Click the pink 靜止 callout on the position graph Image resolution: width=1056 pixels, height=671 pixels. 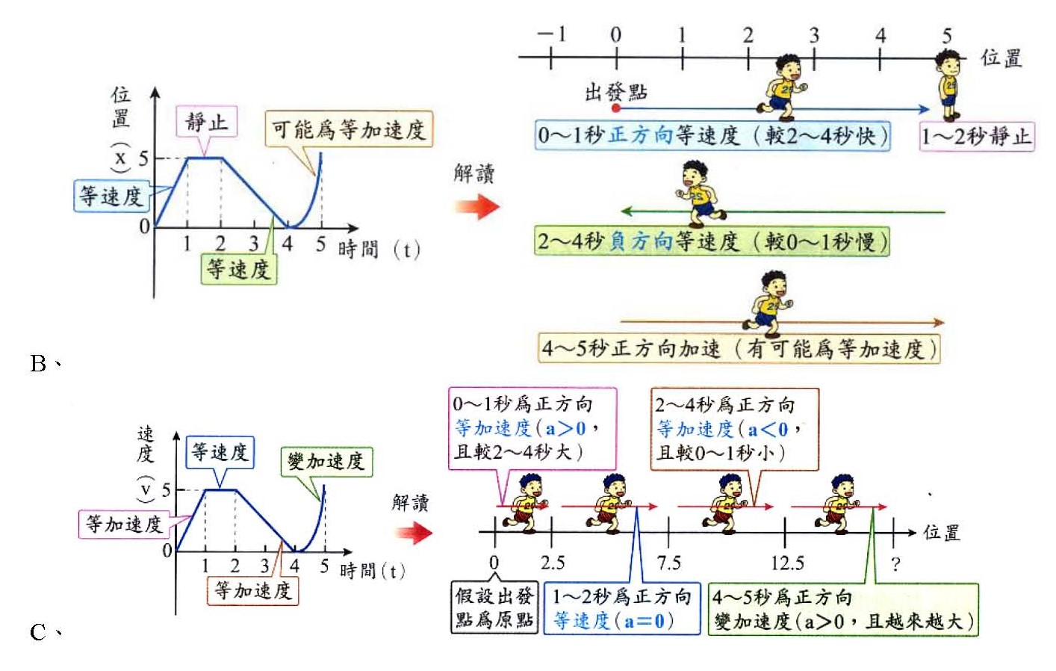tap(207, 122)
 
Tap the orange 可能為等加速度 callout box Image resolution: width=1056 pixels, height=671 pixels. tap(349, 129)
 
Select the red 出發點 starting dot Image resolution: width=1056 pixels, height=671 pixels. tap(616, 108)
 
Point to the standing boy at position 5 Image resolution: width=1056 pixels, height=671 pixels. tap(948, 84)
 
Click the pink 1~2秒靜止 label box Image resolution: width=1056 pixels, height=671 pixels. tap(976, 137)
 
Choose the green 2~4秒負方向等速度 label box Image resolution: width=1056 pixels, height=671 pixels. tap(712, 241)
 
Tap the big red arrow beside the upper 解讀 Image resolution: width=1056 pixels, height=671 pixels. tap(477, 205)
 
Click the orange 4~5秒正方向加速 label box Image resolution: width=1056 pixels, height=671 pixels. tap(739, 349)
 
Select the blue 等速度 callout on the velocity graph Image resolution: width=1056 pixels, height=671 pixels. tap(220, 452)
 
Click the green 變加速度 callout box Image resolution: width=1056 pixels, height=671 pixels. tap(326, 462)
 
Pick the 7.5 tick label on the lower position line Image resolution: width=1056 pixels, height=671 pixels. tap(668, 563)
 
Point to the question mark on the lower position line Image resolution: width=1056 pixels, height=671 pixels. tap(895, 563)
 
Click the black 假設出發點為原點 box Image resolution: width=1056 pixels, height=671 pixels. tap(494, 607)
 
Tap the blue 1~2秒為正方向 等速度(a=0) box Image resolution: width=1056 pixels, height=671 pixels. tap(622, 608)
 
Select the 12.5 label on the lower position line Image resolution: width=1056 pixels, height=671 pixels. tap(787, 563)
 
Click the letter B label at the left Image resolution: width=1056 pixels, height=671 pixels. tap(38, 363)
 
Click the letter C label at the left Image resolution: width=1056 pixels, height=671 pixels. tap(38, 632)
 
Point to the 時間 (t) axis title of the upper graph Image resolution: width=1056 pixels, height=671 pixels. tap(379, 249)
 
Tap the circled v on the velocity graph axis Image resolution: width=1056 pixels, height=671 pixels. tap(146, 490)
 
